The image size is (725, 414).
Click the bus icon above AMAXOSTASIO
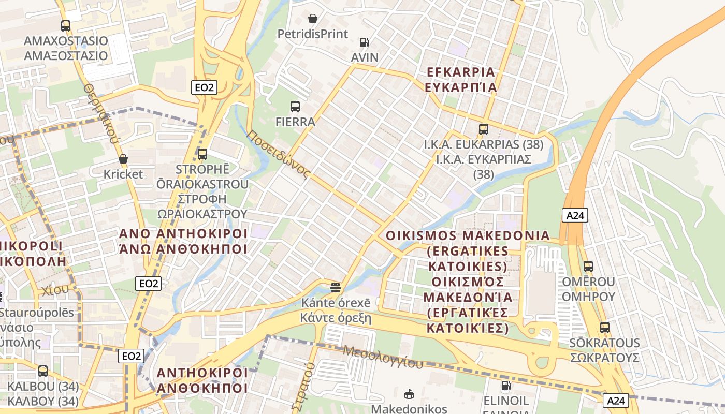point(65,25)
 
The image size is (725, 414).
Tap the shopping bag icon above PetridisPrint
point(313,19)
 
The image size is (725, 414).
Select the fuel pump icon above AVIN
point(365,42)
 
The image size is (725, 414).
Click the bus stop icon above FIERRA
point(295,107)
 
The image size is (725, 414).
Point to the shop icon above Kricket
point(123,159)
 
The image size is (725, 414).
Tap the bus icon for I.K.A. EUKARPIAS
point(483,129)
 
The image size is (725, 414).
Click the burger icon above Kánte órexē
point(336,287)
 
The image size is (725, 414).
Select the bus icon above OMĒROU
point(588,267)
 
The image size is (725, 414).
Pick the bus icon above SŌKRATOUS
point(604,328)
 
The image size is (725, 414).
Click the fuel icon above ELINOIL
point(505,386)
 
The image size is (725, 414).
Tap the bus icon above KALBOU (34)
point(43,371)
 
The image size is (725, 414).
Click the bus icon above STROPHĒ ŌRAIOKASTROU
point(202,154)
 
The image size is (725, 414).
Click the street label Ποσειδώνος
point(278,154)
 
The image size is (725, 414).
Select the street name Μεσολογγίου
point(383,356)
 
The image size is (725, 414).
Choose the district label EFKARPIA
point(460,72)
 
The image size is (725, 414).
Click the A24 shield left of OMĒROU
point(575,215)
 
